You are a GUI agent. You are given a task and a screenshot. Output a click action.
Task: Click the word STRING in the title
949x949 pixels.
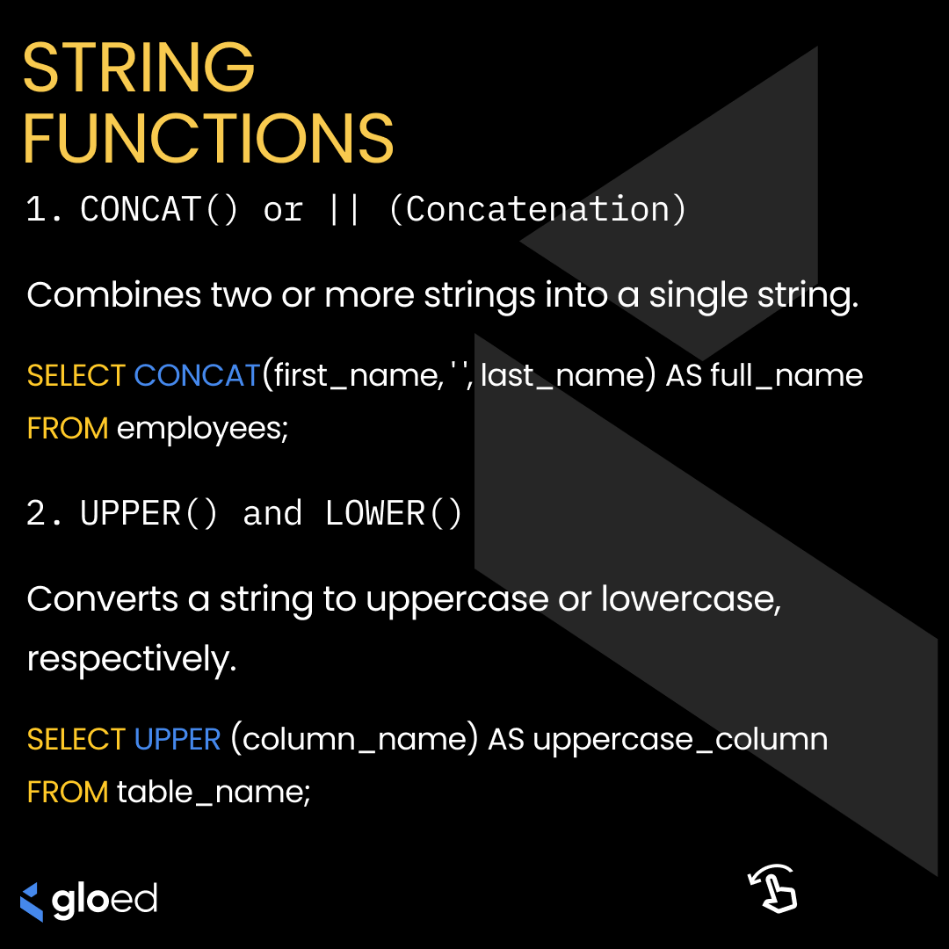pyautogui.click(x=139, y=68)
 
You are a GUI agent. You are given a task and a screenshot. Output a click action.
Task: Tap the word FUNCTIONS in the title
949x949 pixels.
pyautogui.click(x=208, y=138)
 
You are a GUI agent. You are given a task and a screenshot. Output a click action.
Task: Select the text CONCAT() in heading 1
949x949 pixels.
pyautogui.click(x=159, y=210)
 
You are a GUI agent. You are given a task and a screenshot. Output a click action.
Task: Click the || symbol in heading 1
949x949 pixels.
pyautogui.click(x=344, y=210)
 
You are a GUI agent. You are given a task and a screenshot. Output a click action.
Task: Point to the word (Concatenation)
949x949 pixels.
pyautogui.click(x=537, y=210)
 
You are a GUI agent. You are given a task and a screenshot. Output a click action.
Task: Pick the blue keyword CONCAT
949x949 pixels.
pyautogui.click(x=197, y=376)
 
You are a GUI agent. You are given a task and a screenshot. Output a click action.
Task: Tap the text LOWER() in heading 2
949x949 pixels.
pyautogui.click(x=394, y=514)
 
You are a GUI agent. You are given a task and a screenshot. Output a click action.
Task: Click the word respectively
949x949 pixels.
pyautogui.click(x=132, y=660)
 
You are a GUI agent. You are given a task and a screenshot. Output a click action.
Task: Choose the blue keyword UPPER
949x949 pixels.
pyautogui.click(x=177, y=740)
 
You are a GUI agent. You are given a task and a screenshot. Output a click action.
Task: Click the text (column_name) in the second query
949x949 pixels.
pyautogui.click(x=354, y=740)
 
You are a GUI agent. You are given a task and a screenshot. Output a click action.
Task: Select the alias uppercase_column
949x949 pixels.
pyautogui.click(x=680, y=740)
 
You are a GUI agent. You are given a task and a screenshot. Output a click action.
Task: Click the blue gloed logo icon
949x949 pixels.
pyautogui.click(x=32, y=902)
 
